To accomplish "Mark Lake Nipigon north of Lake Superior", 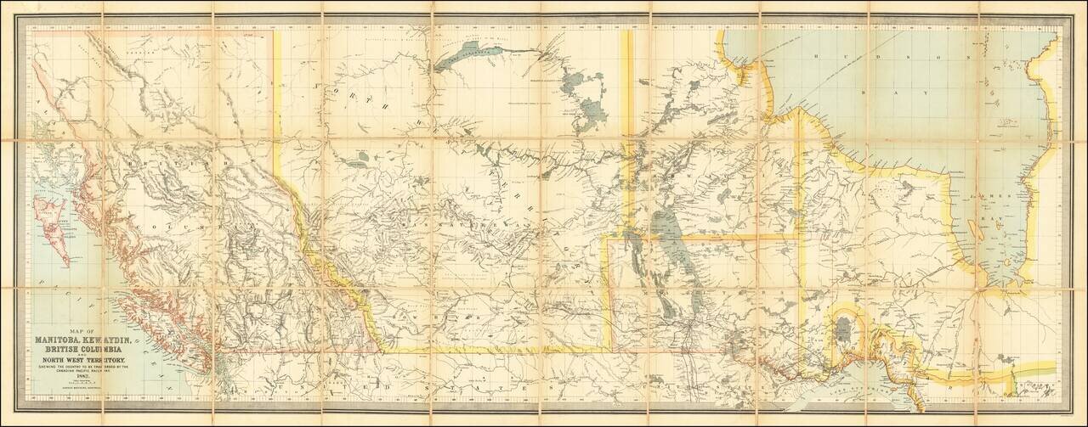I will tap(845, 327).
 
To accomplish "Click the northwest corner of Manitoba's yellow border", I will tap(606, 239).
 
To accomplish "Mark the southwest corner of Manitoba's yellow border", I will tap(606, 349).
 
